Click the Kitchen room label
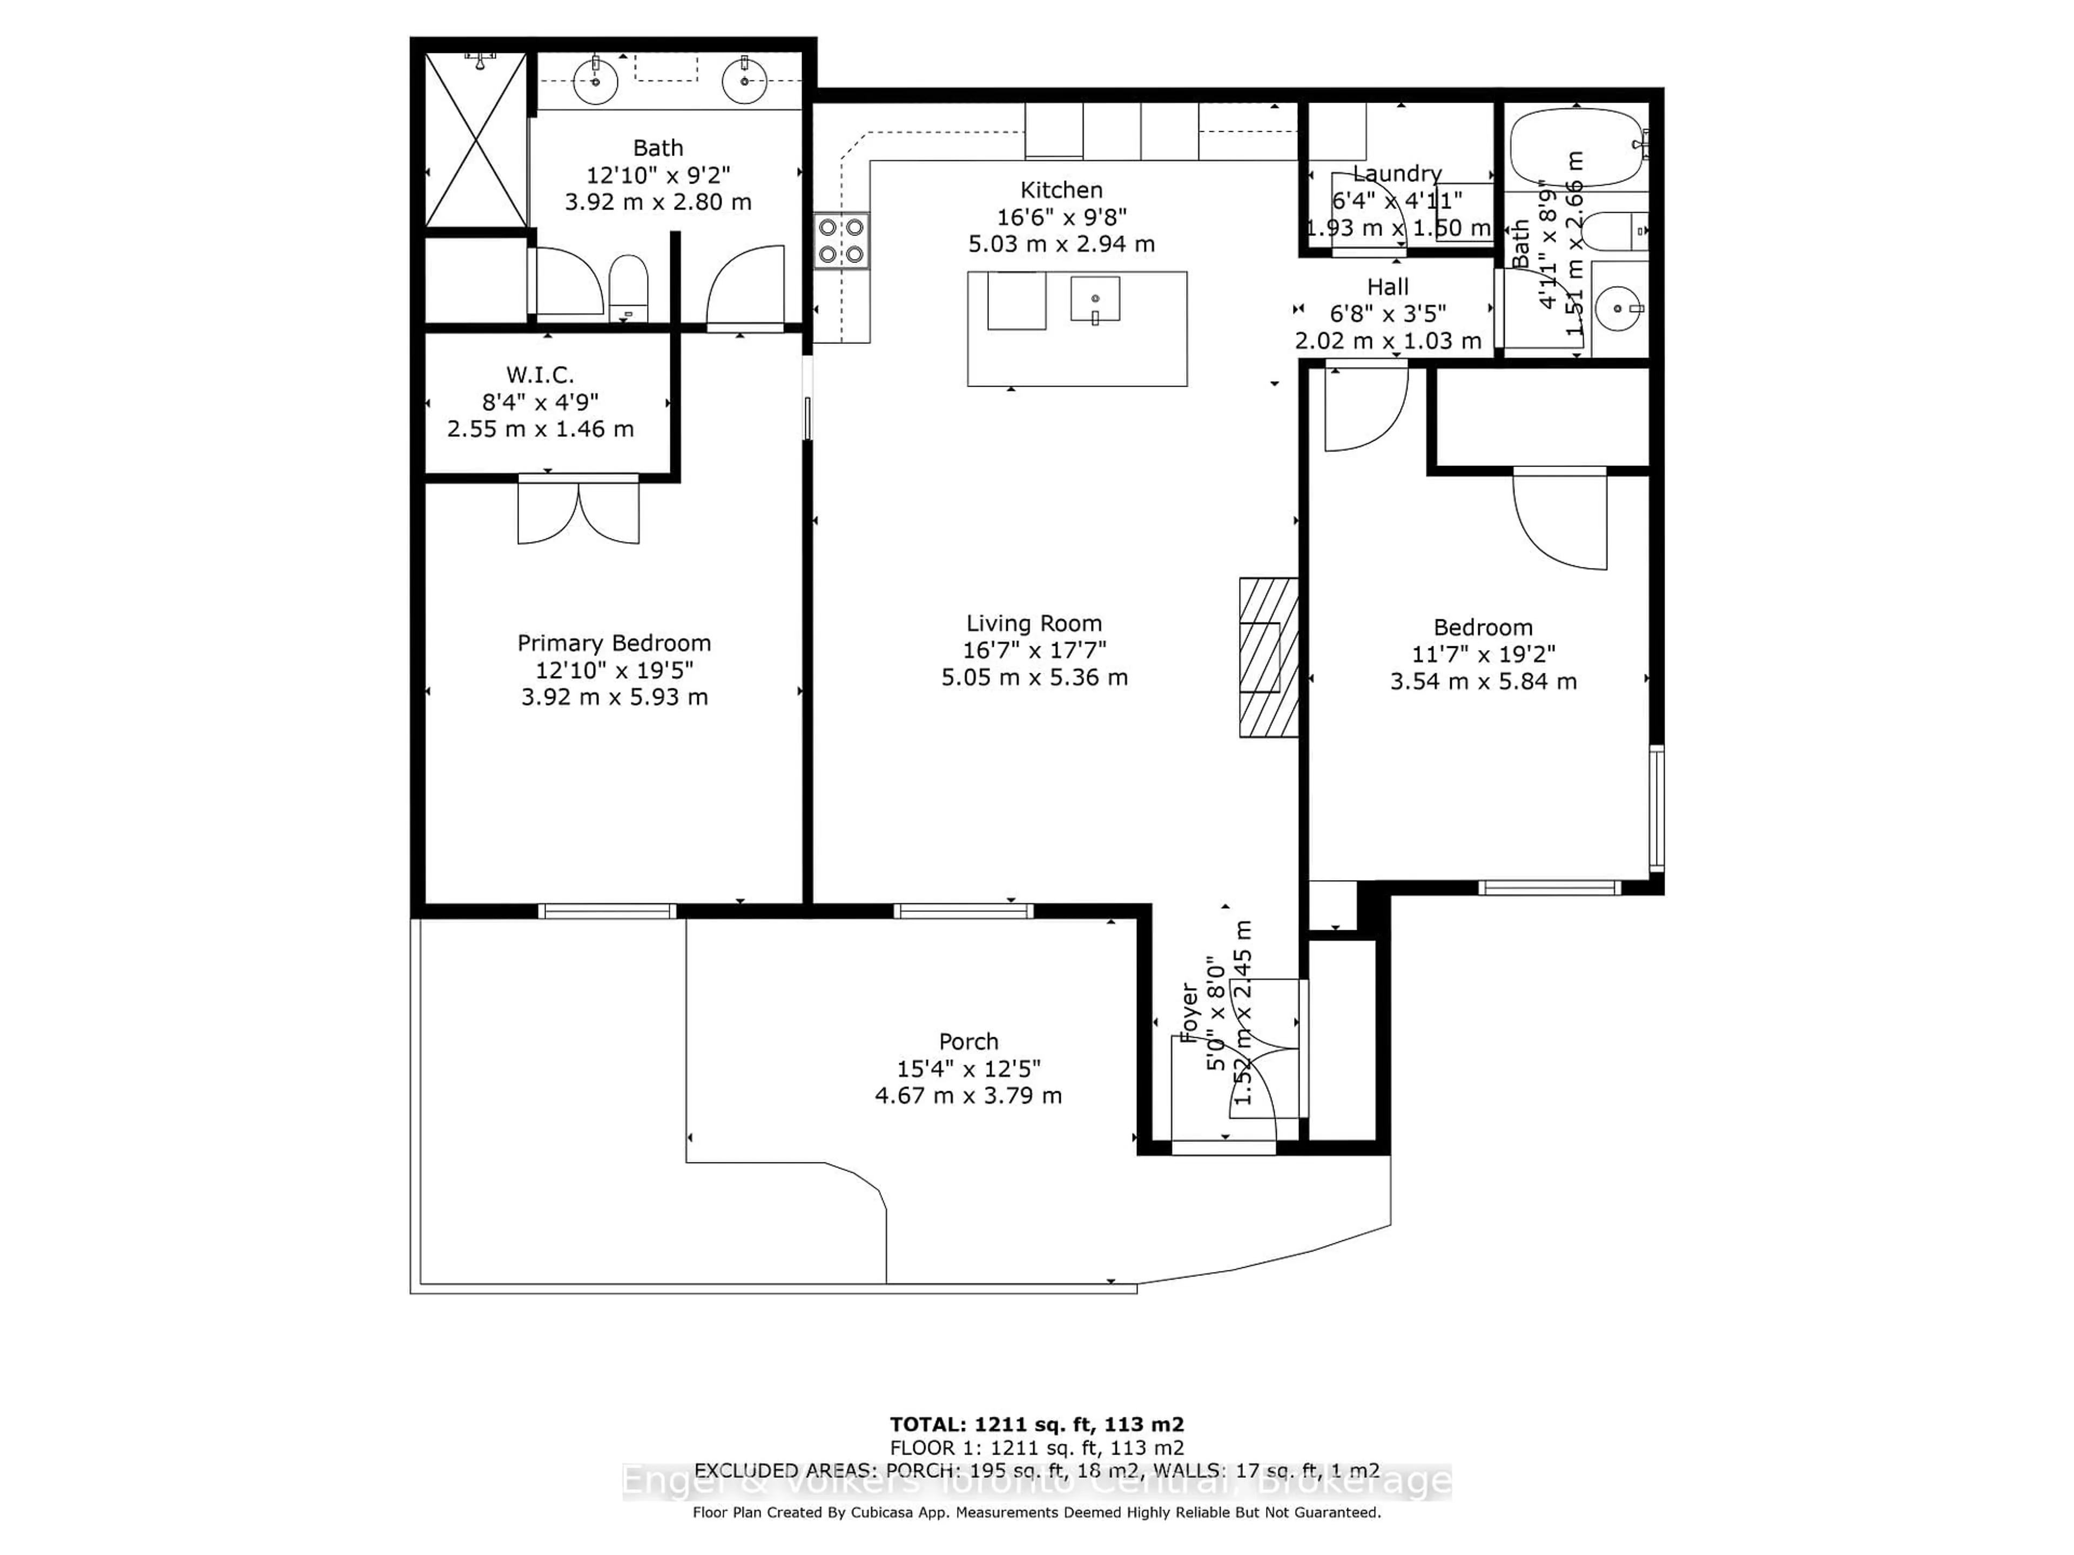point(1061,190)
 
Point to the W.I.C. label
point(540,375)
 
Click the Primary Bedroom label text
point(614,643)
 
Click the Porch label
point(968,1042)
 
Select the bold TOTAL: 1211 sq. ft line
point(1037,1425)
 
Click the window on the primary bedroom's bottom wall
point(607,910)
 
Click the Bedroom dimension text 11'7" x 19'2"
point(1483,654)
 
